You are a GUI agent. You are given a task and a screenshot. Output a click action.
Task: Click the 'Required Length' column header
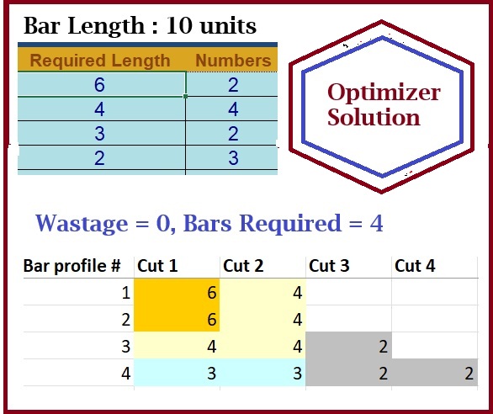pyautogui.click(x=100, y=61)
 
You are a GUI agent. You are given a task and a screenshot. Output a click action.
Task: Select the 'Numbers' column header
pyautogui.click(x=233, y=60)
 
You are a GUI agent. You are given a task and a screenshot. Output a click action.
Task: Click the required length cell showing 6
pyautogui.click(x=102, y=84)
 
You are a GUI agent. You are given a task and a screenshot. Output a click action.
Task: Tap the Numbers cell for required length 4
pyautogui.click(x=232, y=109)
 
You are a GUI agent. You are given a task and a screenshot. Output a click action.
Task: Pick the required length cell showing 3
pyautogui.click(x=102, y=133)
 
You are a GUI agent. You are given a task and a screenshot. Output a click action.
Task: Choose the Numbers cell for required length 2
pyautogui.click(x=232, y=157)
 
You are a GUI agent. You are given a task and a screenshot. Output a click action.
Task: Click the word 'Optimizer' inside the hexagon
pyautogui.click(x=384, y=93)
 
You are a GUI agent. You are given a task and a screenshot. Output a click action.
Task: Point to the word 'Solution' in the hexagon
pyautogui.click(x=374, y=117)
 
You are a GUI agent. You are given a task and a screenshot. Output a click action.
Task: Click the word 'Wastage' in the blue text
pyautogui.click(x=82, y=224)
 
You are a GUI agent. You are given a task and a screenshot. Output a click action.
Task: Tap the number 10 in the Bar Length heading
pyautogui.click(x=178, y=25)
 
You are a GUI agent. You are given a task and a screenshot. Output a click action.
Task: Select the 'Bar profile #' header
pyautogui.click(x=72, y=266)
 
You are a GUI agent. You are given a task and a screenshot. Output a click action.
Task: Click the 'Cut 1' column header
pyautogui.click(x=157, y=266)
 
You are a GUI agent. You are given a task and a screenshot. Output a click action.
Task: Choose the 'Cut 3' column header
pyautogui.click(x=329, y=266)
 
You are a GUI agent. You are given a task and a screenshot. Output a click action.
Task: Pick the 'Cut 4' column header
pyautogui.click(x=415, y=266)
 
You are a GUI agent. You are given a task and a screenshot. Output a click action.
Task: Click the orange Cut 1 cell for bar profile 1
pyautogui.click(x=177, y=292)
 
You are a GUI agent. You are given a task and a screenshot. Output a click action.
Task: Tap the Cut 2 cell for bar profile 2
pyautogui.click(x=262, y=319)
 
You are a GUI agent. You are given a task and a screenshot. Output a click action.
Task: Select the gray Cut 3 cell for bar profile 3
pyautogui.click(x=348, y=345)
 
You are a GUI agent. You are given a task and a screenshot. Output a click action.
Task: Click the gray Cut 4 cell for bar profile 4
pyautogui.click(x=435, y=373)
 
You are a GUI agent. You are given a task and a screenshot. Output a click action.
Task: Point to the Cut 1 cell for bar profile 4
pyautogui.click(x=177, y=373)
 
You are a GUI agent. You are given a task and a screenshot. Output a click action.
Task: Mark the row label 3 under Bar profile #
pyautogui.click(x=125, y=347)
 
